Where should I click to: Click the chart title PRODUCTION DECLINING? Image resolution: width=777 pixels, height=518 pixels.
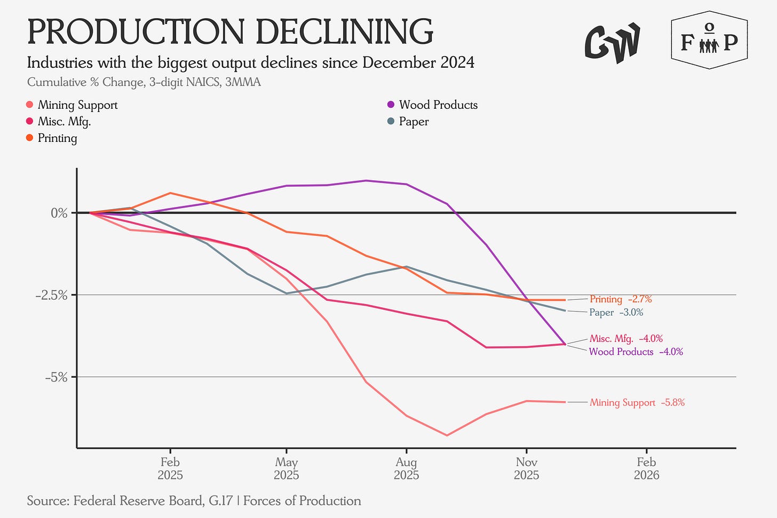coord(229,32)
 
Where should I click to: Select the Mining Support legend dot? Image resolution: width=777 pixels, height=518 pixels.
coord(30,105)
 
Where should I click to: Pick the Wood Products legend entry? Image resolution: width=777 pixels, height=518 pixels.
coord(438,105)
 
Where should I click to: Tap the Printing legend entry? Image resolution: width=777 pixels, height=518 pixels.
coord(57,138)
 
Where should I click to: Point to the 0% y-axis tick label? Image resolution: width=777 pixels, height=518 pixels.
coord(60,213)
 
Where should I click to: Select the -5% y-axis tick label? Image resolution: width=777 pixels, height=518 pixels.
coord(57,377)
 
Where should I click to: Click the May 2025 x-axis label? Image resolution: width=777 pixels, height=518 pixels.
coord(287,468)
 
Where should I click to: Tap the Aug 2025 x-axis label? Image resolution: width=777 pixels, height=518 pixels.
coord(407,468)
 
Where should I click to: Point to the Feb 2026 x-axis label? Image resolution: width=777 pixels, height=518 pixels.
coord(646,468)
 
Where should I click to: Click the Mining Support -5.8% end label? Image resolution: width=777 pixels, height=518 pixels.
coord(637,403)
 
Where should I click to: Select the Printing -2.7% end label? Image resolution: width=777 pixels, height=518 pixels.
coord(621,299)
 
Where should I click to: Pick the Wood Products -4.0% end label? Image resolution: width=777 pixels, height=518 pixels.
coord(636,352)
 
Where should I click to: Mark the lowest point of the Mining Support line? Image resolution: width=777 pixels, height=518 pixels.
coord(447,435)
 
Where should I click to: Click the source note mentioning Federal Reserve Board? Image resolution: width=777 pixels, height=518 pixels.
coord(194,501)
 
